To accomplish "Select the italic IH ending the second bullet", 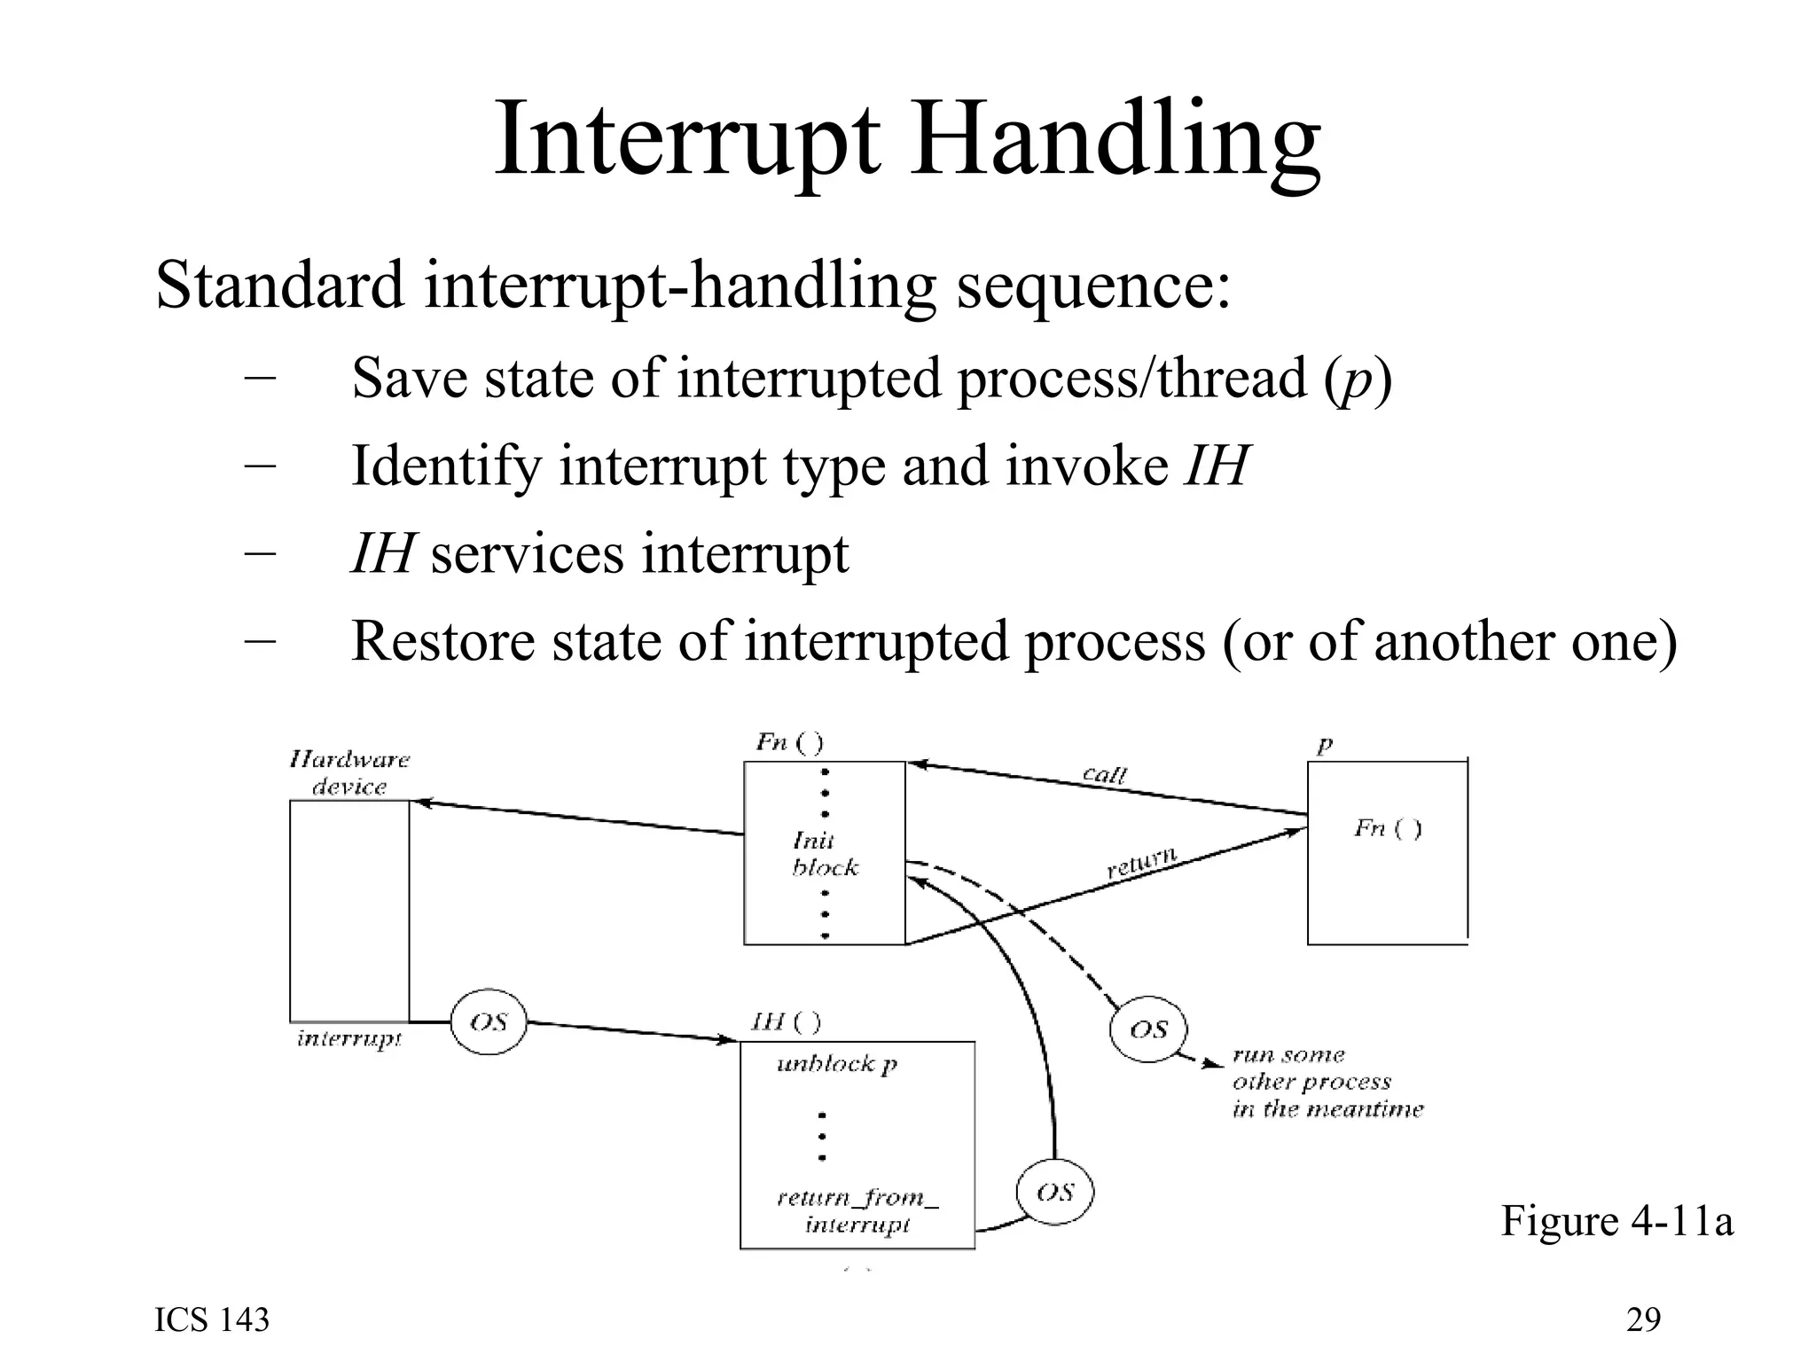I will point(1217,466).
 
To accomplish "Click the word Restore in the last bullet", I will point(443,641).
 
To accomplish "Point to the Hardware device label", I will point(349,773).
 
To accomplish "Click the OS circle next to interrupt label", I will point(489,1022).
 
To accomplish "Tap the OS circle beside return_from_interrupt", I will point(1054,1193).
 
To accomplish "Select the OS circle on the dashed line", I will point(1148,1029).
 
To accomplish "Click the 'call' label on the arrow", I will point(1105,774).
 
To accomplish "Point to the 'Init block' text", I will point(823,854).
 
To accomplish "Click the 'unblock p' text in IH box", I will point(837,1064).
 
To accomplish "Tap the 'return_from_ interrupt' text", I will point(857,1211).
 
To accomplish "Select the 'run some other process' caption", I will point(1326,1082).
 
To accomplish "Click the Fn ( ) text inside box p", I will point(1387,829).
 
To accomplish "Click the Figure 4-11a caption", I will point(1616,1221).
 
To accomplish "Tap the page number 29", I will point(1643,1320).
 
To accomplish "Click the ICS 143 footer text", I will point(212,1320).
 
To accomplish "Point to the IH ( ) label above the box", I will point(786,1021).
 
